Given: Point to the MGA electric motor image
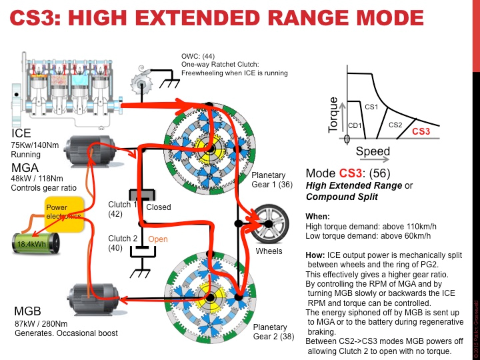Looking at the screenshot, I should click(91, 155).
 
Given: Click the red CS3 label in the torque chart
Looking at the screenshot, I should click(421, 131).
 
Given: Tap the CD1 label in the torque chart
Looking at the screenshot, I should click(354, 125).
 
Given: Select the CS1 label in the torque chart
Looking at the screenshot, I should click(371, 106).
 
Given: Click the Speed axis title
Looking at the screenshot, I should click(373, 151).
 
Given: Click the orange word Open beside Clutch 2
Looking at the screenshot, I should click(158, 239).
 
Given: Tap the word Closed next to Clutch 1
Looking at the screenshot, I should click(159, 207).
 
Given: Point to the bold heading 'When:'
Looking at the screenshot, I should click(315, 217).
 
